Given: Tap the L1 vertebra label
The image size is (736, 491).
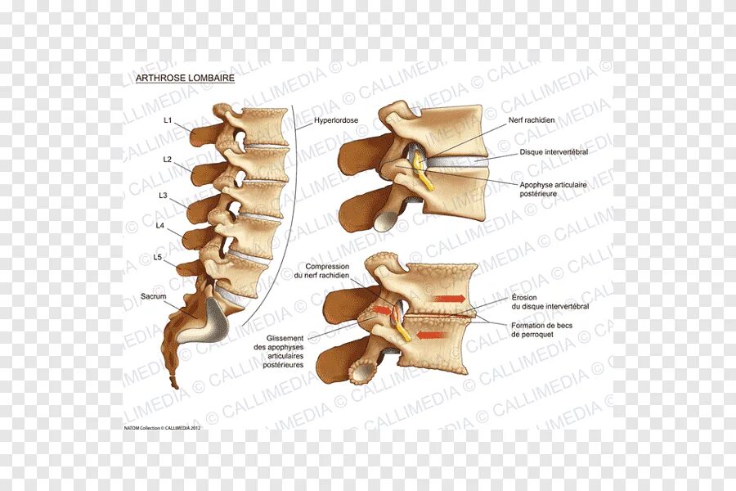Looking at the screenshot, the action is [x=167, y=120].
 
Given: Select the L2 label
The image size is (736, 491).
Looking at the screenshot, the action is [x=167, y=160].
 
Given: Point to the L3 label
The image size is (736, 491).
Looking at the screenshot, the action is [x=164, y=196].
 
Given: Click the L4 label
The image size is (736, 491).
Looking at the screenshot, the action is [x=160, y=225].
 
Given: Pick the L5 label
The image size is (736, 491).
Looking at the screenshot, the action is [x=158, y=257].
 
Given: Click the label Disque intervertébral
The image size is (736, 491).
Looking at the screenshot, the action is [x=554, y=152].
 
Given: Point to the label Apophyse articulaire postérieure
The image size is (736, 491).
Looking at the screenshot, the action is [x=554, y=190].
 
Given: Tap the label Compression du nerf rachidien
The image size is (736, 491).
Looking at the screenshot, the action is [x=327, y=271].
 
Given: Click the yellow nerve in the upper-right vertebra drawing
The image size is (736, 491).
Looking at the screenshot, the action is [x=422, y=170].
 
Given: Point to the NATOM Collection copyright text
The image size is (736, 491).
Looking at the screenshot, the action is [x=163, y=426].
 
